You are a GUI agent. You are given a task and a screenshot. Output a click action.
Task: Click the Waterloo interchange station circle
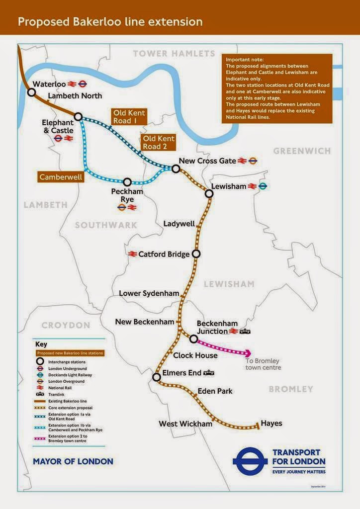[x=31, y=92]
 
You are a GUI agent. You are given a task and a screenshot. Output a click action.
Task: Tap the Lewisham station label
[x=229, y=186]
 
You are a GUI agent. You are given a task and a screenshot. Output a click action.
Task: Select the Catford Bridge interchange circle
[x=196, y=254]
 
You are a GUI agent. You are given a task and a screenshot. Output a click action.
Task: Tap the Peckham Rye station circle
[x=127, y=182]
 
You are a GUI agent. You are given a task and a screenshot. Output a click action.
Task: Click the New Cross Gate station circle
[x=176, y=169]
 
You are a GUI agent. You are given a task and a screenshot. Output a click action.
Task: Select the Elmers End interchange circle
[x=157, y=377]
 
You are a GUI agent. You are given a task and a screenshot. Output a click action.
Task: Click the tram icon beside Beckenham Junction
[x=245, y=332]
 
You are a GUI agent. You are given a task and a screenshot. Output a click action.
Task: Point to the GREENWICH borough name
[x=302, y=151]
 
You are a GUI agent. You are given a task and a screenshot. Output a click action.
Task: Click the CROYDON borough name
[x=66, y=325]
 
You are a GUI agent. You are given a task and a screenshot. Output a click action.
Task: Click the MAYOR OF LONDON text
[x=73, y=461]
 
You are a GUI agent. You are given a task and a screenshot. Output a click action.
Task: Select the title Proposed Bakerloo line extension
[x=110, y=22]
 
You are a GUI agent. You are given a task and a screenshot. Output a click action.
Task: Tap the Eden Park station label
[x=215, y=391]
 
